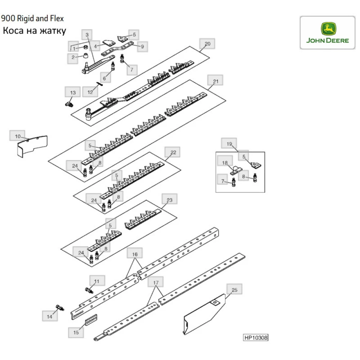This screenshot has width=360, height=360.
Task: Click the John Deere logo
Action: pyautogui.click(x=327, y=32)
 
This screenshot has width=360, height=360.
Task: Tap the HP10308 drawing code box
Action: pyautogui.click(x=256, y=338)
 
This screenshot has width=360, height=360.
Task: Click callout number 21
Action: pyautogui.click(x=216, y=81)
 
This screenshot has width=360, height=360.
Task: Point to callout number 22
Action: pyautogui.click(x=173, y=153)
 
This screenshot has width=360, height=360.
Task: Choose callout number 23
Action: pyautogui.click(x=170, y=200)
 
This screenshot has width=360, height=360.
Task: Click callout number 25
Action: pyautogui.click(x=234, y=290)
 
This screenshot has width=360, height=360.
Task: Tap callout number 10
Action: pyautogui.click(x=18, y=136)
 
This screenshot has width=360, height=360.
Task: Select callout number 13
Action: pyautogui.click(x=73, y=93)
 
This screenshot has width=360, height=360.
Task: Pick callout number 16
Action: pyautogui.click(x=135, y=254)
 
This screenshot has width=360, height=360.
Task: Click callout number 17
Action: pyautogui.click(x=156, y=283)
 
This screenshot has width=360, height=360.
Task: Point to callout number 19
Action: pyautogui.click(x=229, y=144)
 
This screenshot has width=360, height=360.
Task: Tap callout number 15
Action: pyautogui.click(x=76, y=332)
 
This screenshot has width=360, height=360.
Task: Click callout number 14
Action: pyautogui.click(x=50, y=316)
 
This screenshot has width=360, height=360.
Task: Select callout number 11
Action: pyautogui.click(x=96, y=281)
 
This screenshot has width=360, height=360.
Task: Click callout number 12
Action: pyautogui.click(x=90, y=92)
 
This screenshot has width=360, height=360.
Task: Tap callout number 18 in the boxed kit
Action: pyautogui.click(x=225, y=163)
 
